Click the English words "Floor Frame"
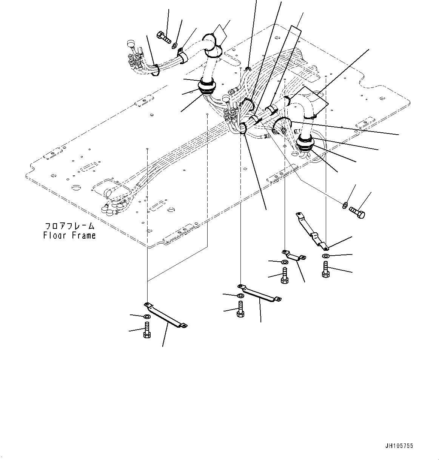(69, 236)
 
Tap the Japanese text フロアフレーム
(69, 227)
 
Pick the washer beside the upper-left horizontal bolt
(175, 46)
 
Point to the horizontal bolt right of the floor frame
(357, 212)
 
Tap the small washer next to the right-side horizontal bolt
(345, 205)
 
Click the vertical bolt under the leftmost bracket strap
(147, 331)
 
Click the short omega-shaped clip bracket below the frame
(294, 255)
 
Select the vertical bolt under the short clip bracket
(285, 275)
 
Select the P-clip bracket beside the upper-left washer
(183, 55)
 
